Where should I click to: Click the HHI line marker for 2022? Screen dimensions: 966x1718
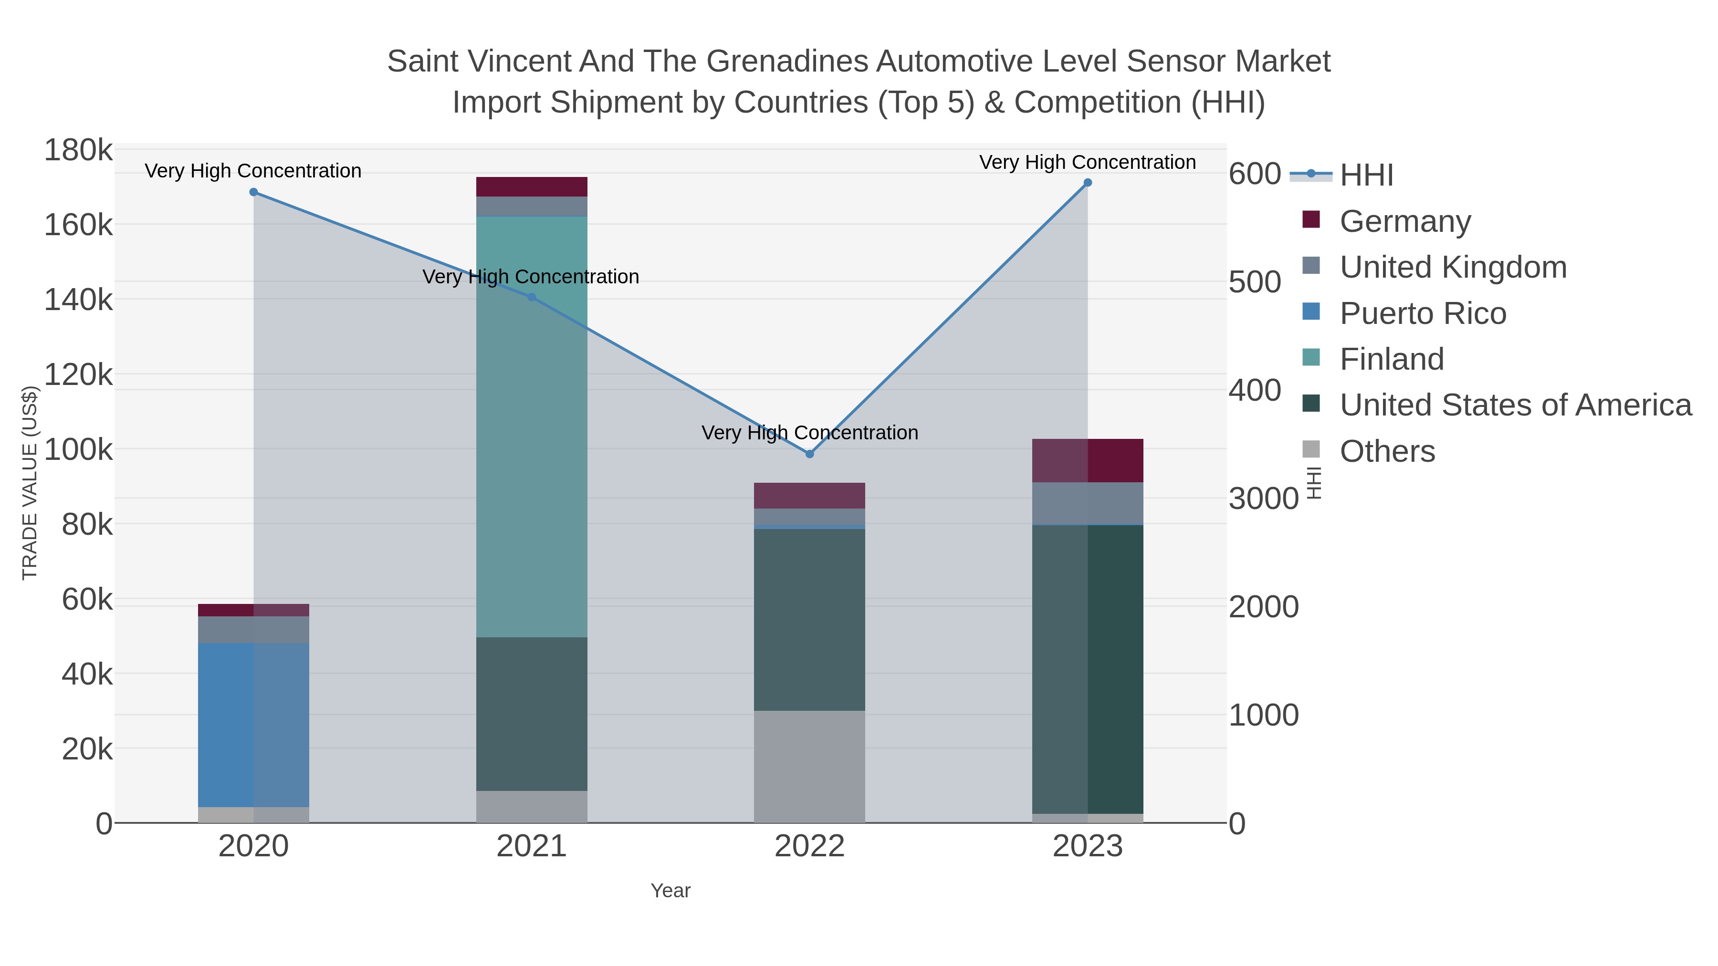(810, 454)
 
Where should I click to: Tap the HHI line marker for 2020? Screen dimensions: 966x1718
(253, 192)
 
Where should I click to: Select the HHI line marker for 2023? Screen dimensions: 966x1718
(1088, 183)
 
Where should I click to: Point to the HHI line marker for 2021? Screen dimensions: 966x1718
(532, 297)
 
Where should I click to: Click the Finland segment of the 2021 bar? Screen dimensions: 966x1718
(532, 426)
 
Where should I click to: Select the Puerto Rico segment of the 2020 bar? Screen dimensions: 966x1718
(253, 725)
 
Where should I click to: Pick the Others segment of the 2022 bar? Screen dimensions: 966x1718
(810, 767)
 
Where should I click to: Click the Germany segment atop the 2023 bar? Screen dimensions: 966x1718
(1088, 461)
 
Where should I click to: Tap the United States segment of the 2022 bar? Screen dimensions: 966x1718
(810, 620)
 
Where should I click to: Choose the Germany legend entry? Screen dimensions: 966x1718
(1404, 221)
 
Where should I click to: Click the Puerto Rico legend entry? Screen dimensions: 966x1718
(1423, 313)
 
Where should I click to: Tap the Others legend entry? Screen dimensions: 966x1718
(1386, 451)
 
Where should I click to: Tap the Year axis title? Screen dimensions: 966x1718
(670, 891)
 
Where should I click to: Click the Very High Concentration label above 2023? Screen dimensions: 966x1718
(1087, 162)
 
